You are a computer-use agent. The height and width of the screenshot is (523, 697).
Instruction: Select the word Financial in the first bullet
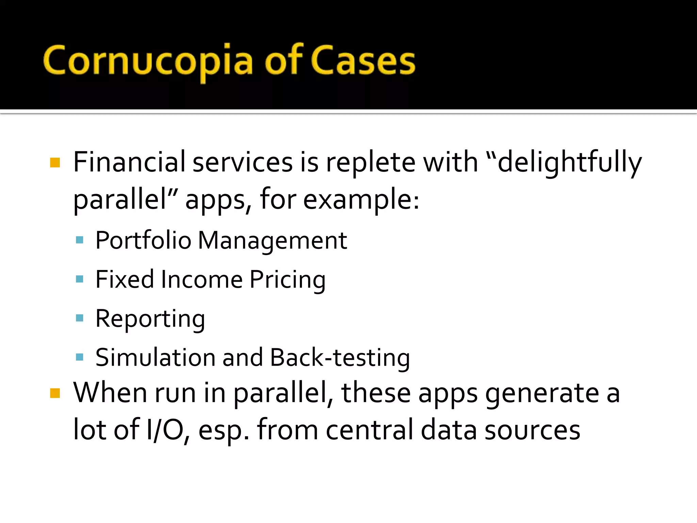point(129,162)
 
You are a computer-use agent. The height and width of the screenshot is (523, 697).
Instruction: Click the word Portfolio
point(143,240)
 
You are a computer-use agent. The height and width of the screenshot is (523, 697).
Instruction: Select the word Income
point(201,280)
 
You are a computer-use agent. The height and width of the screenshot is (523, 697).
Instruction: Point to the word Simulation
point(155,358)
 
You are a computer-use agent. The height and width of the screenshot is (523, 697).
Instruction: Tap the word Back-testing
point(340,358)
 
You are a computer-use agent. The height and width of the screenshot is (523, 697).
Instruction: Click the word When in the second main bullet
point(110,393)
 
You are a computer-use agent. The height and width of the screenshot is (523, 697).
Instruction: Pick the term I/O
point(165,430)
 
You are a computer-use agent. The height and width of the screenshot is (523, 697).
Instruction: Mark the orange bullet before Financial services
point(55,162)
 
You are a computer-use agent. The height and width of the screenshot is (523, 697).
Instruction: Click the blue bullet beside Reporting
point(80,318)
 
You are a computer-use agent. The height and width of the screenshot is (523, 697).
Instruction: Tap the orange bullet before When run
point(55,393)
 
